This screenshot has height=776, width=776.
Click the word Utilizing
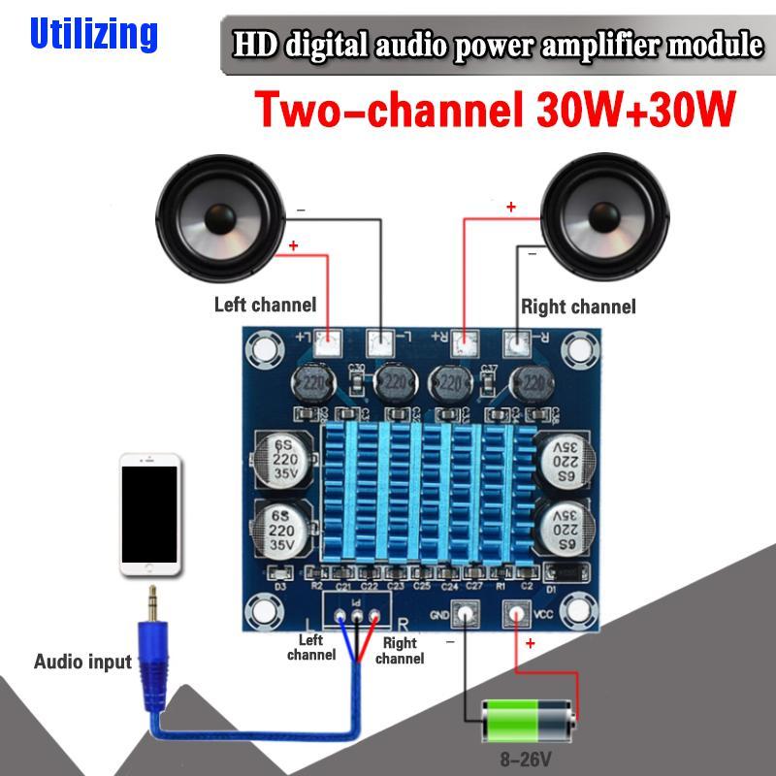(x=93, y=34)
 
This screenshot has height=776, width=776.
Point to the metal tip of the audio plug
(x=151, y=599)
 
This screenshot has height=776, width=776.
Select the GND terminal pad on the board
(x=466, y=614)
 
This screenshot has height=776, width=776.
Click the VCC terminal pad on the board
(x=514, y=614)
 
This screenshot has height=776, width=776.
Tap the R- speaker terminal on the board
(x=518, y=342)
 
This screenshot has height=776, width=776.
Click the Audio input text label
(x=82, y=663)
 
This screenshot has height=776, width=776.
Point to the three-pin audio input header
(x=358, y=614)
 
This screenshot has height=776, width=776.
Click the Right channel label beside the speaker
(x=579, y=307)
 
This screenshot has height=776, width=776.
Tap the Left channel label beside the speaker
(x=265, y=305)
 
